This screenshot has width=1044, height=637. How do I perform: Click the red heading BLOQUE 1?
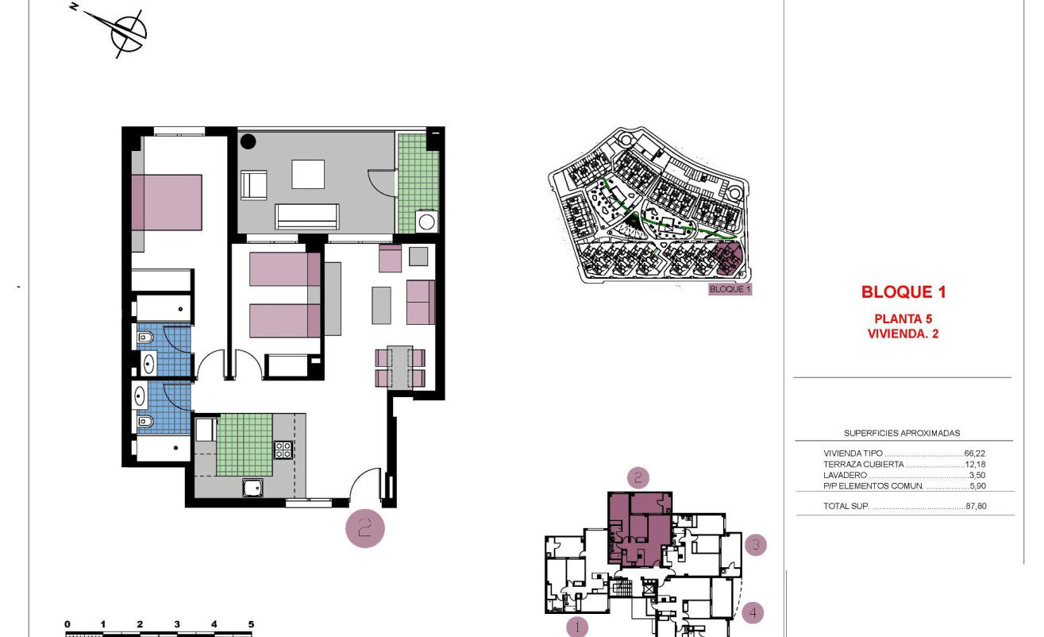(903, 292)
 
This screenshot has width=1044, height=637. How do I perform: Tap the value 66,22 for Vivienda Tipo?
(975, 454)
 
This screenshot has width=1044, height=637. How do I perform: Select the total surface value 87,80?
(976, 506)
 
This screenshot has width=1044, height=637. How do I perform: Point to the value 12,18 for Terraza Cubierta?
(975, 464)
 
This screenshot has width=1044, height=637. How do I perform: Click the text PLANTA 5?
(903, 319)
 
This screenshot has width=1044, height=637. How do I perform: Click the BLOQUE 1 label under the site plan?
(730, 289)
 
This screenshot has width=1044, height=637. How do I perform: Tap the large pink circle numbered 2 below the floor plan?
(365, 528)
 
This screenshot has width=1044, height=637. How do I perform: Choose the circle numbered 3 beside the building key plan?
(756, 545)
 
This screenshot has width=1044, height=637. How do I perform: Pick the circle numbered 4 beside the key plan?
(753, 612)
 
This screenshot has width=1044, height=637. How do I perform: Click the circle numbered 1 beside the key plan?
(577, 627)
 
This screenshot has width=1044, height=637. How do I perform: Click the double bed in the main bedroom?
(167, 203)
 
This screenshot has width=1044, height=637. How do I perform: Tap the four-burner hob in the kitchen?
(283, 450)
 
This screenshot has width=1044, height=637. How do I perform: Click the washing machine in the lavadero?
(426, 221)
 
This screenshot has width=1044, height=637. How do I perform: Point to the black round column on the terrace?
(248, 142)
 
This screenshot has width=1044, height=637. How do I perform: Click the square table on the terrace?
(308, 174)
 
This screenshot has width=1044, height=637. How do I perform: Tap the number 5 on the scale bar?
(251, 624)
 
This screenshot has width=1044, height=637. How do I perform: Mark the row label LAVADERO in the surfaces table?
(845, 475)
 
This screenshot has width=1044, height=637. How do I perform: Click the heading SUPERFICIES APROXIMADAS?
(902, 434)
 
